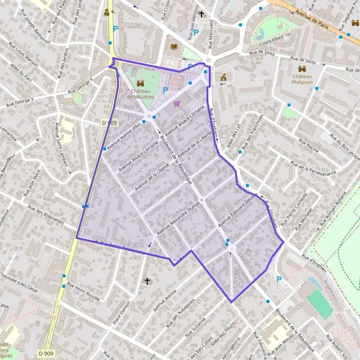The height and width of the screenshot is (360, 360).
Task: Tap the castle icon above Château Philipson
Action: pyautogui.click(x=303, y=69)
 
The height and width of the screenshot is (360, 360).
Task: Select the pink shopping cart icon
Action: pyautogui.click(x=176, y=103)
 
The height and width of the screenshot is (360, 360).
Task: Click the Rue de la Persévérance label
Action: pyautogui.click(x=312, y=171)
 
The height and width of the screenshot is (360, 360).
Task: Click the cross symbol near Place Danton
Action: pyautogui.click(x=147, y=280)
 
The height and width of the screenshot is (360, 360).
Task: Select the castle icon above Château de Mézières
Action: pyautogui.click(x=140, y=83)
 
